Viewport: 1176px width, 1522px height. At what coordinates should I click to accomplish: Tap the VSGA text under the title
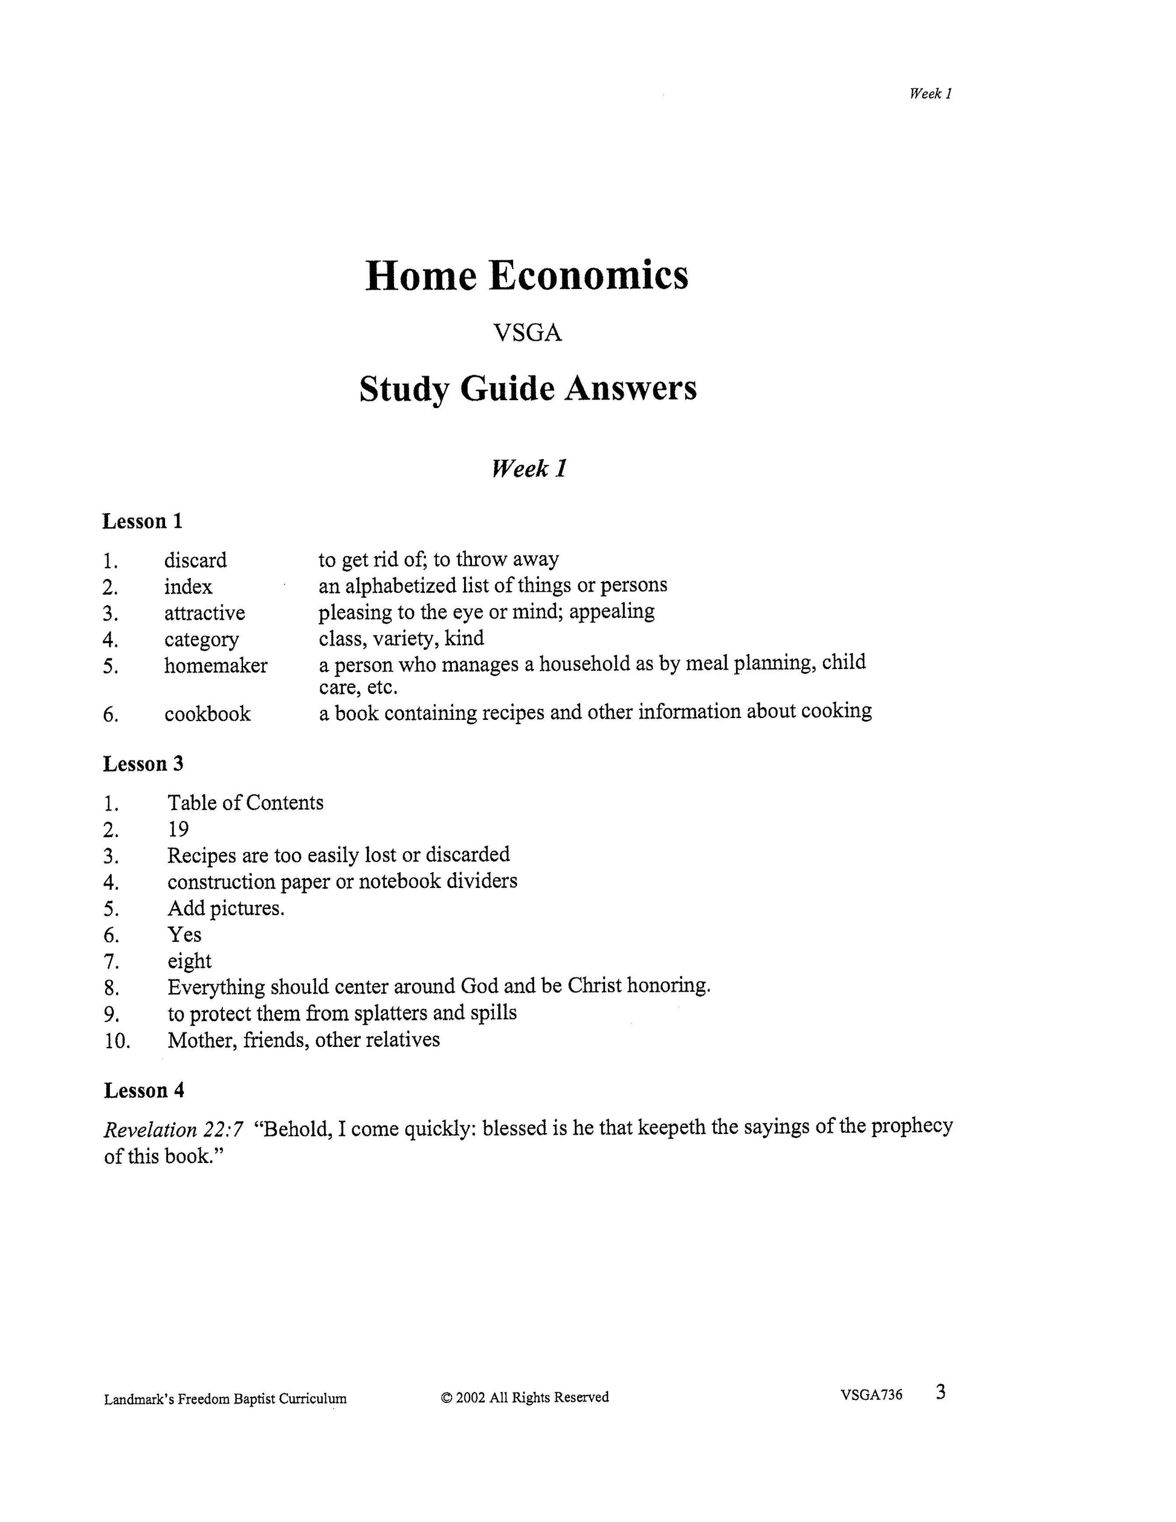pos(528,333)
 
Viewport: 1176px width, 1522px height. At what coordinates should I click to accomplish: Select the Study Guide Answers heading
pos(528,389)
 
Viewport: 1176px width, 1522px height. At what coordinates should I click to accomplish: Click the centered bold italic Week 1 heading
pos(529,468)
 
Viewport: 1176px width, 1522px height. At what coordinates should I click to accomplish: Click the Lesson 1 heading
pos(142,521)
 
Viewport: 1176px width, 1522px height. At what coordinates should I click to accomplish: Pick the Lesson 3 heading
pos(143,764)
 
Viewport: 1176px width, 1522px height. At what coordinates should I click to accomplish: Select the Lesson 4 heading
pos(143,1090)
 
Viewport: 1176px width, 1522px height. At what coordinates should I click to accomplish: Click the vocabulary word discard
pos(195,560)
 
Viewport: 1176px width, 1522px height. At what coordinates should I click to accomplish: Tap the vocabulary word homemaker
pos(215,665)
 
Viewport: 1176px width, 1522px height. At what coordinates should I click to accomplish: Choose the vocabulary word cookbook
pos(207,714)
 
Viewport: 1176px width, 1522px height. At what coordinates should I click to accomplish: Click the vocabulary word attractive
pos(204,614)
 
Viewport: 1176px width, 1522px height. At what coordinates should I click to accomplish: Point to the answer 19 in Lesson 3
pos(178,829)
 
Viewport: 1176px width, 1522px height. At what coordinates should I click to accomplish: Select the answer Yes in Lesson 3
pos(184,934)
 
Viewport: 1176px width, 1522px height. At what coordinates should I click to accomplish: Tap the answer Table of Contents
pos(245,803)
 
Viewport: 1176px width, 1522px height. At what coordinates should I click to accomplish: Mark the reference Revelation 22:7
pos(173,1129)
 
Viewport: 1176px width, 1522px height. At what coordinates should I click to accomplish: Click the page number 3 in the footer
pos(940,1393)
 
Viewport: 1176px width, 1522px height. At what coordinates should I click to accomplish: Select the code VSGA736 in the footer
pos(871,1394)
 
